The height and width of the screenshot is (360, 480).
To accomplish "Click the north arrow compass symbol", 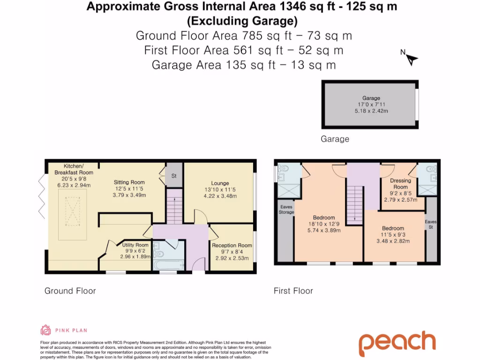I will point(412,59).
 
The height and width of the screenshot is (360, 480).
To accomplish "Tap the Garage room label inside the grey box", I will point(371,98).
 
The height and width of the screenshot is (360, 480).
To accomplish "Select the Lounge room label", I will point(220,183).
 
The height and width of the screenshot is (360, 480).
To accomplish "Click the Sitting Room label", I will point(129,182).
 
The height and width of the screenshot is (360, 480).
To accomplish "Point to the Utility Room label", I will point(135,245).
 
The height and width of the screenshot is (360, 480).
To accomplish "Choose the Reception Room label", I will point(232,245).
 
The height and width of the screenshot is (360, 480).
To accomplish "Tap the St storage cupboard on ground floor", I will point(173,176).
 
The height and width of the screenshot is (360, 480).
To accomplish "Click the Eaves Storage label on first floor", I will point(287,209).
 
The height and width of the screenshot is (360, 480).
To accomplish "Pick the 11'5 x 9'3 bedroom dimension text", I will point(393,235).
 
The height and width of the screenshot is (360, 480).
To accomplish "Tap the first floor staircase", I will point(354,205).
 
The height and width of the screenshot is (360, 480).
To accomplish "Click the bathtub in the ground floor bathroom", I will point(168,266).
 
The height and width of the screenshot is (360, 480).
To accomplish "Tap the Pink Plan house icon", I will point(46,330).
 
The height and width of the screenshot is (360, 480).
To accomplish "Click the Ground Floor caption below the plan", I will point(70,291).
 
